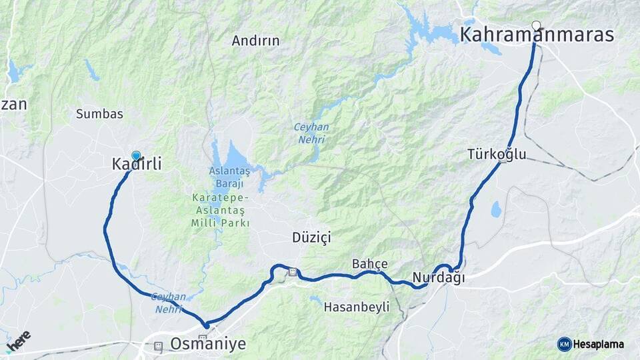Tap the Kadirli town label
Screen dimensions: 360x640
[x=137, y=163]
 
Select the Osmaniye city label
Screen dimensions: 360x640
[x=208, y=344]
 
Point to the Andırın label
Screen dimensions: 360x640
[x=256, y=41]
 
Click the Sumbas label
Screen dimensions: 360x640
[x=99, y=114]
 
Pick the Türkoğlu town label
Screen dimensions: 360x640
[x=497, y=155]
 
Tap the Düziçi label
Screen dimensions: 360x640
[x=311, y=237]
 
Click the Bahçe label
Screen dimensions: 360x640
[x=369, y=264]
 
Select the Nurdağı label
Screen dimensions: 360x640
[x=439, y=277]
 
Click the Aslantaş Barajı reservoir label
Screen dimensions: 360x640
[x=227, y=177]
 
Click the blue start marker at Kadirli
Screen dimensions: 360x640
[x=136, y=155]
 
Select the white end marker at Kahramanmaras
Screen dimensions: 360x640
[x=536, y=26]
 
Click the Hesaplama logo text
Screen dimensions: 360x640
[x=599, y=344]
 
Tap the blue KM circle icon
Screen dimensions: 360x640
[x=564, y=344]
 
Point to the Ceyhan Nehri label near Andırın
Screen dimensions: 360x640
[x=309, y=133]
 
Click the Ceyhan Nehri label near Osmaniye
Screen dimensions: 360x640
[x=166, y=303]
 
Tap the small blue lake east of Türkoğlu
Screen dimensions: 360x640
[x=496, y=209]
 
